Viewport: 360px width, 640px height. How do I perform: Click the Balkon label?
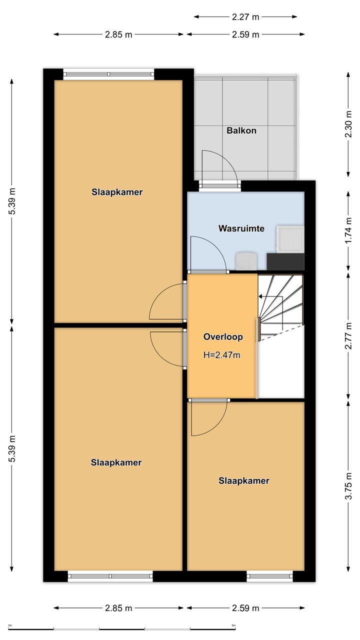coord(241,130)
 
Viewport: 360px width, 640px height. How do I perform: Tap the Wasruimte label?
coord(241,228)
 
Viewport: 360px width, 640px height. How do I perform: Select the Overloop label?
coord(223,336)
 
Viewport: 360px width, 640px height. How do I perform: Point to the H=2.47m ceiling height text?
coord(221,355)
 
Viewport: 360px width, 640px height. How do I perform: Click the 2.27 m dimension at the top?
coord(245,17)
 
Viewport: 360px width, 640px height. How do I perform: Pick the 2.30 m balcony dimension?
coord(348,124)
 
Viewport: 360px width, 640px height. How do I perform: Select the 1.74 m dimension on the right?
coord(348,231)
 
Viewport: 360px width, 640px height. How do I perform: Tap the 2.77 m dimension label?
coord(348,335)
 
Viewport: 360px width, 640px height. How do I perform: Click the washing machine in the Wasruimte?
coord(290,239)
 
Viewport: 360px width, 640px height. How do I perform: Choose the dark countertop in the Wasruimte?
coord(285,261)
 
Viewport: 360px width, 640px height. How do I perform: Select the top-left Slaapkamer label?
coord(117,192)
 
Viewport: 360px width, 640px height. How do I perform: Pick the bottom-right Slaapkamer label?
coord(243,480)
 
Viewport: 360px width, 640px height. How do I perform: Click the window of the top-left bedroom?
coord(108,74)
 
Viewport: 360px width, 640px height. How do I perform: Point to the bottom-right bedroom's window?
coord(269,576)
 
